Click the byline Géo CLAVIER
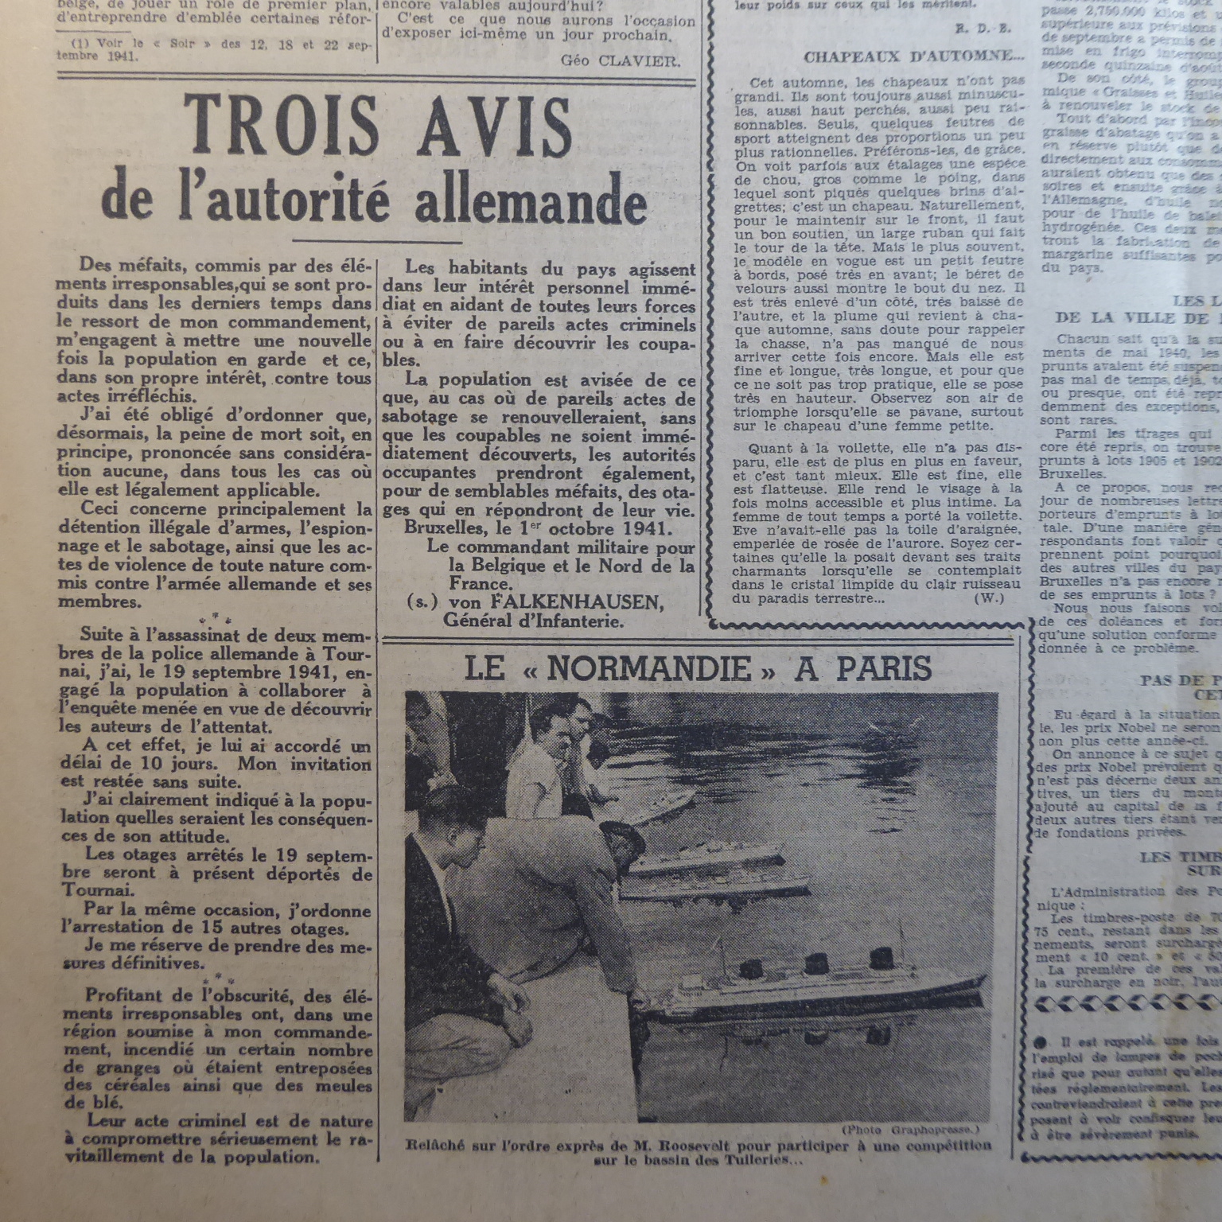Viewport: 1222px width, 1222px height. click(x=621, y=60)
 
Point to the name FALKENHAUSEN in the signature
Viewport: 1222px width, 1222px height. click(x=555, y=602)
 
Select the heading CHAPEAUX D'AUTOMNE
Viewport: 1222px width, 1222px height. click(x=913, y=56)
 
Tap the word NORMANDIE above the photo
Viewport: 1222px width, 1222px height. click(x=648, y=669)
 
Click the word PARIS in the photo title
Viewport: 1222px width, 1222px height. click(x=883, y=669)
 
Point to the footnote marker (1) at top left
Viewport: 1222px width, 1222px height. click(x=80, y=45)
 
